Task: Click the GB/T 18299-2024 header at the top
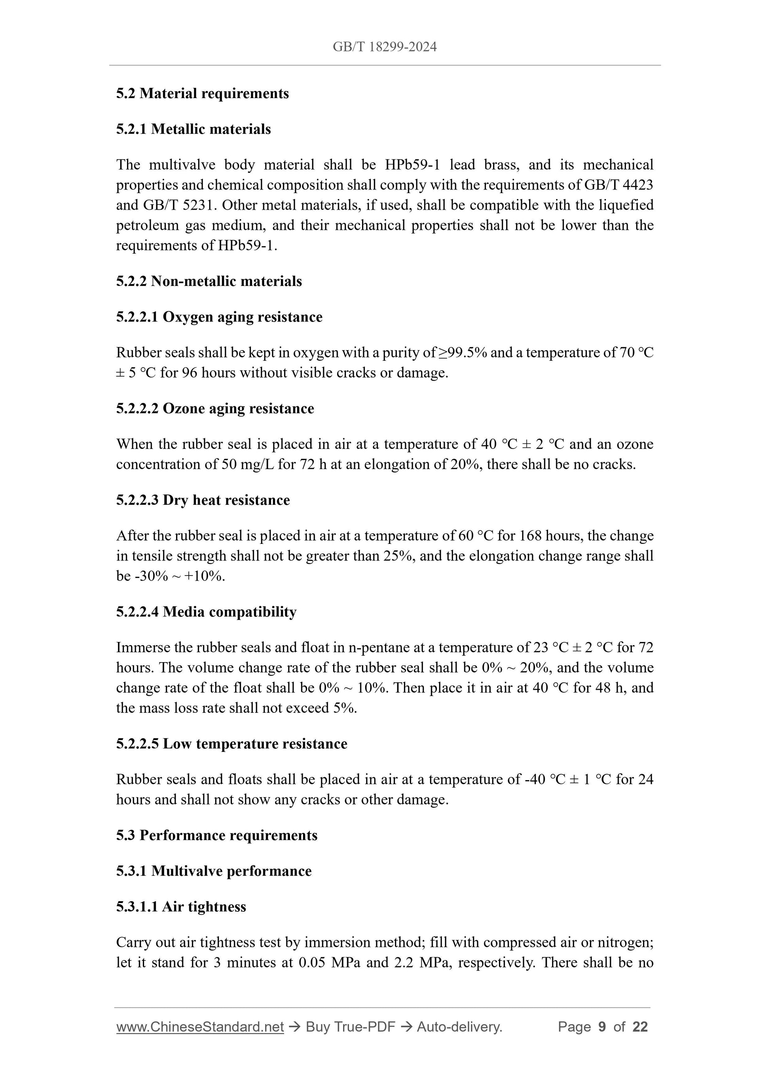[384, 47]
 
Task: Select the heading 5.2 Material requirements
[202, 93]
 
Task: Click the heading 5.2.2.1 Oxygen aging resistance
[219, 317]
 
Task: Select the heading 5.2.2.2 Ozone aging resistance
[215, 408]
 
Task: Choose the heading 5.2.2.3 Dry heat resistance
[203, 500]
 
